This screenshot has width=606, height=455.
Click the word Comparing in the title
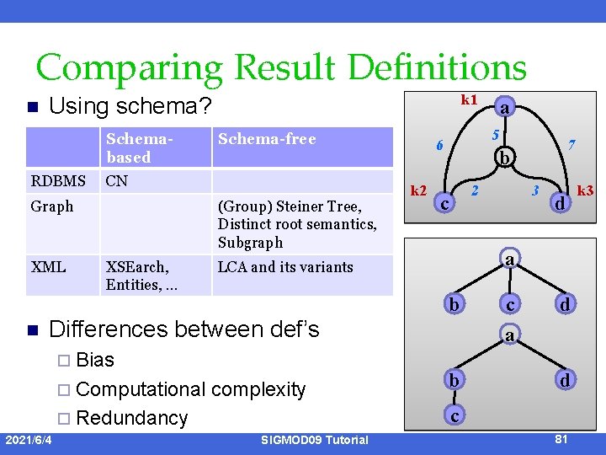coord(130,68)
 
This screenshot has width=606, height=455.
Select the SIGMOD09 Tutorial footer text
coord(314,440)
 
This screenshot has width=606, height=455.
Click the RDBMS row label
coord(58,181)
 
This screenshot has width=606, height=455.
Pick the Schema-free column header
coord(267,139)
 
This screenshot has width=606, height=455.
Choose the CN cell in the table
coord(117,181)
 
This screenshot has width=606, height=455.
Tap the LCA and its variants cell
coord(285,267)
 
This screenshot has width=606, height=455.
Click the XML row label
coord(49,267)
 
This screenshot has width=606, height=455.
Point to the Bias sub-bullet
coord(94,360)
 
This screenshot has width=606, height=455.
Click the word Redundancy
coord(131,418)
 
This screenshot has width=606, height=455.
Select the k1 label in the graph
coord(469,99)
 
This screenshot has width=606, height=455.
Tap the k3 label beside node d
coord(585,191)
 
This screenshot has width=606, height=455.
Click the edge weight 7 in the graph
coord(571,145)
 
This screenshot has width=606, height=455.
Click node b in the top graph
coord(504,158)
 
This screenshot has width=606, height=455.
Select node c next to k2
coord(445,203)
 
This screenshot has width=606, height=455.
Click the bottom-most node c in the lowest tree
coord(454,415)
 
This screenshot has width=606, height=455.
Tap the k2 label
coord(418,191)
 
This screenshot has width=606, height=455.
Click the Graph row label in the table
coord(52,206)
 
